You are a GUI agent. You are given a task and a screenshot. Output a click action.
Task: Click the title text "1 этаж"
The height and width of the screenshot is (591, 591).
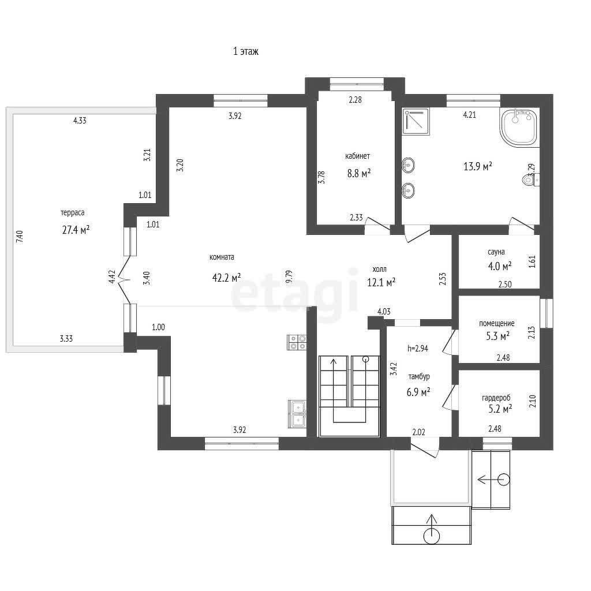(246, 51)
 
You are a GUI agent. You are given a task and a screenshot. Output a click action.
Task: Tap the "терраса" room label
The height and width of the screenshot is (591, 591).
(72, 213)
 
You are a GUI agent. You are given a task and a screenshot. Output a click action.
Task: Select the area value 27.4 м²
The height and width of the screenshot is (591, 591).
(76, 230)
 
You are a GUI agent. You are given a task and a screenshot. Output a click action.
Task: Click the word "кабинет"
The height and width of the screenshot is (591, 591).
(357, 156)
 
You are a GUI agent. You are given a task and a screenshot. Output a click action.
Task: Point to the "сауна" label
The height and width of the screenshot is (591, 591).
(496, 252)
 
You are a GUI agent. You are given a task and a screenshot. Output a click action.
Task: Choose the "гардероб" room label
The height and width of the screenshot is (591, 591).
(496, 398)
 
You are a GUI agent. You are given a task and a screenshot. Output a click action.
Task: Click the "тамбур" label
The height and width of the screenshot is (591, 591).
(419, 376)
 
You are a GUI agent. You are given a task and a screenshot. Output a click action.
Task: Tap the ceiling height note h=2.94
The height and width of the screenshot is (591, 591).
(418, 349)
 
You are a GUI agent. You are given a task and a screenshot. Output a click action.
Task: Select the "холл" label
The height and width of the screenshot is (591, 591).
(379, 270)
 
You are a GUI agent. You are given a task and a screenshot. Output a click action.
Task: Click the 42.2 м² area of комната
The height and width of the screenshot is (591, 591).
(226, 278)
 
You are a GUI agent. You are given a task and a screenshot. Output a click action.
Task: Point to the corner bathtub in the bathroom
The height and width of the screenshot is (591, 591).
(519, 127)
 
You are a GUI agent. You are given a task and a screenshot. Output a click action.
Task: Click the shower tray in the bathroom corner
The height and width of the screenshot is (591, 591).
(416, 121)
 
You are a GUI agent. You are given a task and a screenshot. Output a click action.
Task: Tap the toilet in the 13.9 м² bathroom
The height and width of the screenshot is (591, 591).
(531, 180)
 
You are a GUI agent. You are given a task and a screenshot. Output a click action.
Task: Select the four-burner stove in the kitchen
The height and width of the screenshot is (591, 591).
(297, 342)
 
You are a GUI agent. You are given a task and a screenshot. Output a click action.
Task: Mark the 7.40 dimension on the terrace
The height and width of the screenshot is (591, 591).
(20, 236)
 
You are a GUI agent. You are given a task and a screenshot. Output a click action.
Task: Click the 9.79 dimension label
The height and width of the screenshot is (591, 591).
(289, 276)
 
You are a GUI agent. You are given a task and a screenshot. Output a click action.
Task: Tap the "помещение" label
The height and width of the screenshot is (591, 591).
(497, 323)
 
